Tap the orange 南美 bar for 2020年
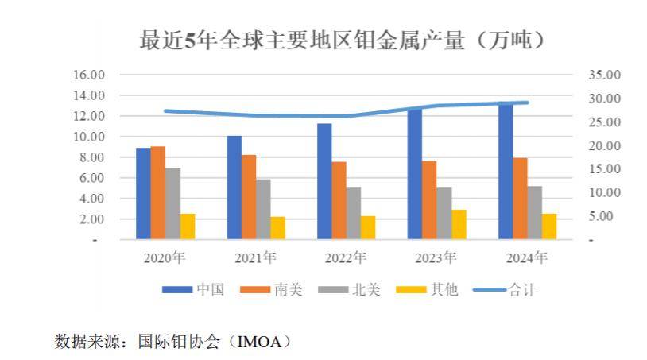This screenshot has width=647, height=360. (x=158, y=192)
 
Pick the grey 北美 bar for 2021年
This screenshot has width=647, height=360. (x=263, y=208)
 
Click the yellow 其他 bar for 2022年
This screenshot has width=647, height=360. (x=368, y=227)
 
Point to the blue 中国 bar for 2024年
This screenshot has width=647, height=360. (x=506, y=171)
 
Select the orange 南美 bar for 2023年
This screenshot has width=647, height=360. (x=429, y=199)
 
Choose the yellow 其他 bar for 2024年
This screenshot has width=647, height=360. (x=549, y=226)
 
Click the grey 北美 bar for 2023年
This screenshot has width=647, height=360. (x=444, y=212)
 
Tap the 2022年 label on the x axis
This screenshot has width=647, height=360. (x=346, y=257)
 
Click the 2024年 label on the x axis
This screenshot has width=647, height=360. (x=527, y=257)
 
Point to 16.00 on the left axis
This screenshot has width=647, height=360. (x=89, y=75)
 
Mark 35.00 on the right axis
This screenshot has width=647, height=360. (x=605, y=75)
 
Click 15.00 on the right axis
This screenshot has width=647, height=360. (x=605, y=169)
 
